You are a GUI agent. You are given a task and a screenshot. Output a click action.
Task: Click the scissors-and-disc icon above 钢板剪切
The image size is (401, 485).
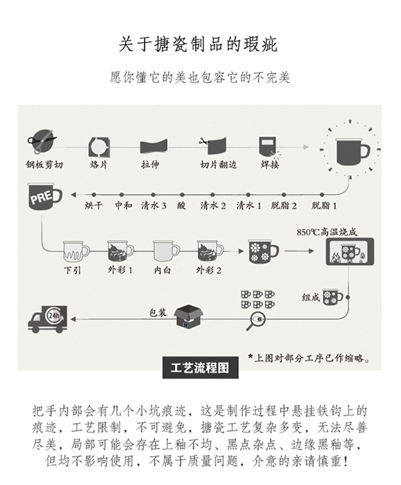coord(43,141)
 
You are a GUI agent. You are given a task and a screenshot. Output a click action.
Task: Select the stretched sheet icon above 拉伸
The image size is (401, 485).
coord(154,146)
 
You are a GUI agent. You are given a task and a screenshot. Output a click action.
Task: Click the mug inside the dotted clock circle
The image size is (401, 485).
coord(352,149)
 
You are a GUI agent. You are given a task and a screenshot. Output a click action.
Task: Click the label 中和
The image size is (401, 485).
coord(124,205)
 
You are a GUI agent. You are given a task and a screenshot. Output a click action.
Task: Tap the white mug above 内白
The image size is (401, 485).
coord(166,250)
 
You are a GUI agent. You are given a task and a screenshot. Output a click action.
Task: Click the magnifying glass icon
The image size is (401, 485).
coord(255,321)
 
